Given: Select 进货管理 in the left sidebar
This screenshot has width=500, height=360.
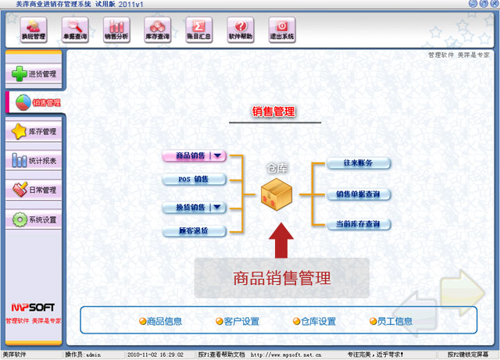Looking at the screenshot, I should pyautogui.click(x=33, y=74).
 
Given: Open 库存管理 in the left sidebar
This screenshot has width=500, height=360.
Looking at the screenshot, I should pyautogui.click(x=33, y=132).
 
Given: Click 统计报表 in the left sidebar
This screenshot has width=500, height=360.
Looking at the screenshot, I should pyautogui.click(x=33, y=161).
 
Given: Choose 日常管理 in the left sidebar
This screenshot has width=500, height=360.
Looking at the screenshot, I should pyautogui.click(x=33, y=190).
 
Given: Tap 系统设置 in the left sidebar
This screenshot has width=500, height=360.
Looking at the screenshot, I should pyautogui.click(x=33, y=219).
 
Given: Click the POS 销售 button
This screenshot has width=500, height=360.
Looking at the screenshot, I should pyautogui.click(x=194, y=180).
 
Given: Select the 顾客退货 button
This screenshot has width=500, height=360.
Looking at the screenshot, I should pyautogui.click(x=194, y=231).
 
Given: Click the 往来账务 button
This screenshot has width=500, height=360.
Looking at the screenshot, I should pyautogui.click(x=358, y=163).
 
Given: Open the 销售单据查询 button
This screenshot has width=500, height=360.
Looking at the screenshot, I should pyautogui.click(x=358, y=194).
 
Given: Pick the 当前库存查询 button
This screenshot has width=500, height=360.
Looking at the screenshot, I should pyautogui.click(x=358, y=224).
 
